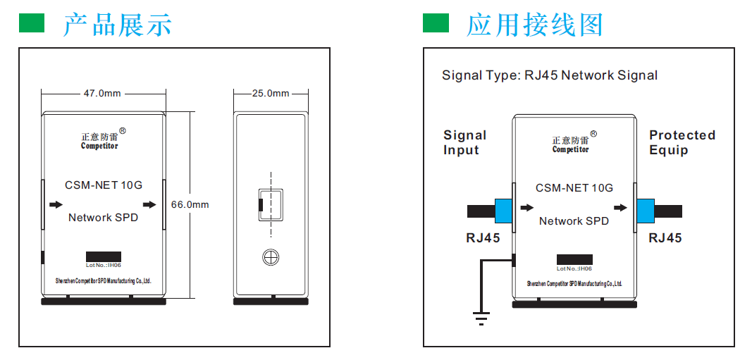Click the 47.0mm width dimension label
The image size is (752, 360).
pyautogui.click(x=103, y=93)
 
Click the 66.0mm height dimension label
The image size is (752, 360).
pyautogui.click(x=190, y=204)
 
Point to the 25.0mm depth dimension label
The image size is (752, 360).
pyautogui.click(x=271, y=93)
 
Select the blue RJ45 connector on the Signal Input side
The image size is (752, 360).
pyautogui.click(x=503, y=211)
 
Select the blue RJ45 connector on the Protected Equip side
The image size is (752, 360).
pyautogui.click(x=646, y=211)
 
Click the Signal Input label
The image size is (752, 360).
pyautogui.click(x=464, y=142)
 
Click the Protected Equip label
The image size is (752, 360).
pyautogui.click(x=682, y=142)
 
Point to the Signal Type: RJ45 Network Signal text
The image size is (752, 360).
pyautogui.click(x=550, y=75)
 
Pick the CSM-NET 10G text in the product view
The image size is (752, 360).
pyautogui.click(x=104, y=185)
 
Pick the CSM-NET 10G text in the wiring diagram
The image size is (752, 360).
pyautogui.click(x=574, y=188)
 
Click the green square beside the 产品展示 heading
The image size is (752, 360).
pyautogui.click(x=32, y=23)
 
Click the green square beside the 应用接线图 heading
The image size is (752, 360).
pyautogui.click(x=436, y=23)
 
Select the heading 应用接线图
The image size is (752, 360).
pyautogui.click(x=535, y=25)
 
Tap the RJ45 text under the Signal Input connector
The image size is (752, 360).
pyautogui.click(x=483, y=238)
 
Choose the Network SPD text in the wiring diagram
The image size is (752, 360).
pyautogui.click(x=574, y=221)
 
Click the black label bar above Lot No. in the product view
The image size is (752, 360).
pyautogui.click(x=104, y=257)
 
